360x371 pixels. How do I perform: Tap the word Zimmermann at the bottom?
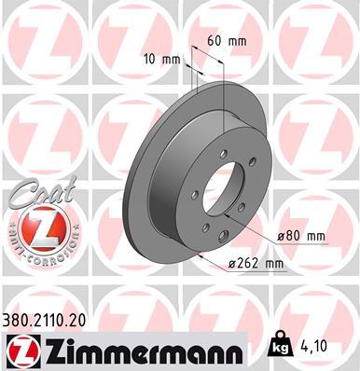(137, 349)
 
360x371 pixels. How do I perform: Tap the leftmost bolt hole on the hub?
(194, 195)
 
